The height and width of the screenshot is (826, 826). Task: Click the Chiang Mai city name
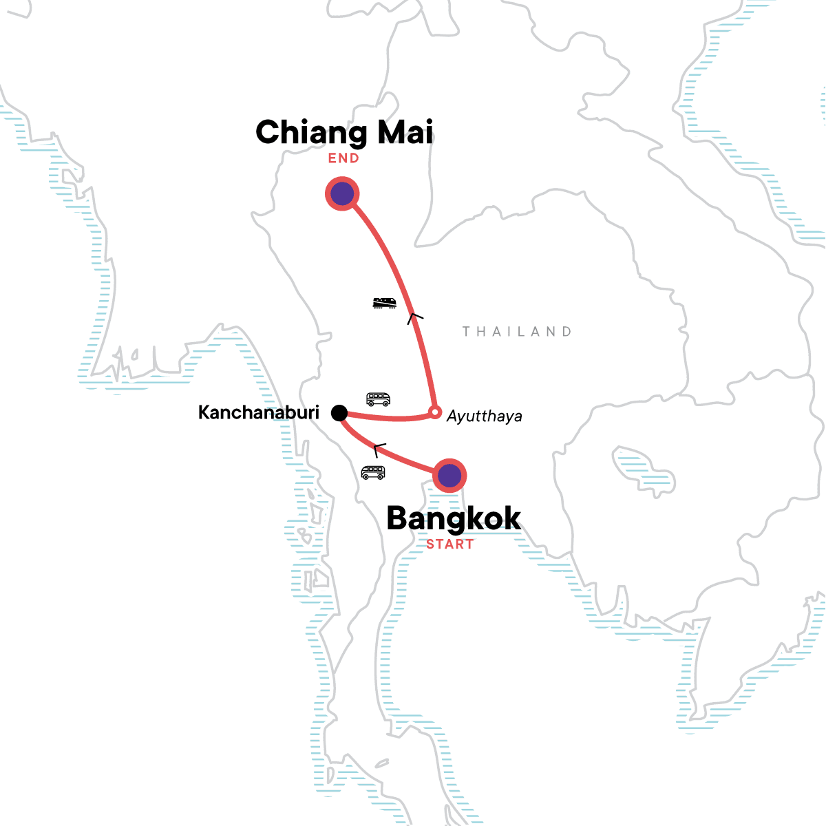[x=344, y=132]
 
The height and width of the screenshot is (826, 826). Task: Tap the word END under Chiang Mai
[x=343, y=158]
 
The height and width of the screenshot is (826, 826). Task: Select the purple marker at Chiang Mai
[x=342, y=194]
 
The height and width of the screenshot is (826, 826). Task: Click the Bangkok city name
[x=454, y=518]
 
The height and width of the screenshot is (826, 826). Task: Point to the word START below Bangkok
[x=449, y=544]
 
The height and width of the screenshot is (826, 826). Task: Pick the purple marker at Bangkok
[x=449, y=475]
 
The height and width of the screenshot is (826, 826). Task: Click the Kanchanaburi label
[x=259, y=412]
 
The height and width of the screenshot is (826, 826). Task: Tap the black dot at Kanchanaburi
[x=339, y=412]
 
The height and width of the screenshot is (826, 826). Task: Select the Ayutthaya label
[x=484, y=416]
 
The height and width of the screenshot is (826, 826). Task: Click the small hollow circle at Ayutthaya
[x=434, y=412]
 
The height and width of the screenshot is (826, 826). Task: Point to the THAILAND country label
[x=516, y=332]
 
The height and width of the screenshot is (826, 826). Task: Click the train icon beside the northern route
[x=384, y=303]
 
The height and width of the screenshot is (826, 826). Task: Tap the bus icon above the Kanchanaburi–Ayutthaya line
[x=378, y=399]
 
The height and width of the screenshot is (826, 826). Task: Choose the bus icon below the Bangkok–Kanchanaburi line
[x=373, y=472]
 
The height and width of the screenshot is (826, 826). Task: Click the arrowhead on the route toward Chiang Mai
[x=414, y=317]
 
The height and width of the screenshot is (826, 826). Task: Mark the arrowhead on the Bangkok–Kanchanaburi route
[x=378, y=449]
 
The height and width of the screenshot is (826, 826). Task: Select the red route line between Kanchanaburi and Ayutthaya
[x=389, y=418]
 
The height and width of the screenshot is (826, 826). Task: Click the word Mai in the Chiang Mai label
[x=405, y=132]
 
